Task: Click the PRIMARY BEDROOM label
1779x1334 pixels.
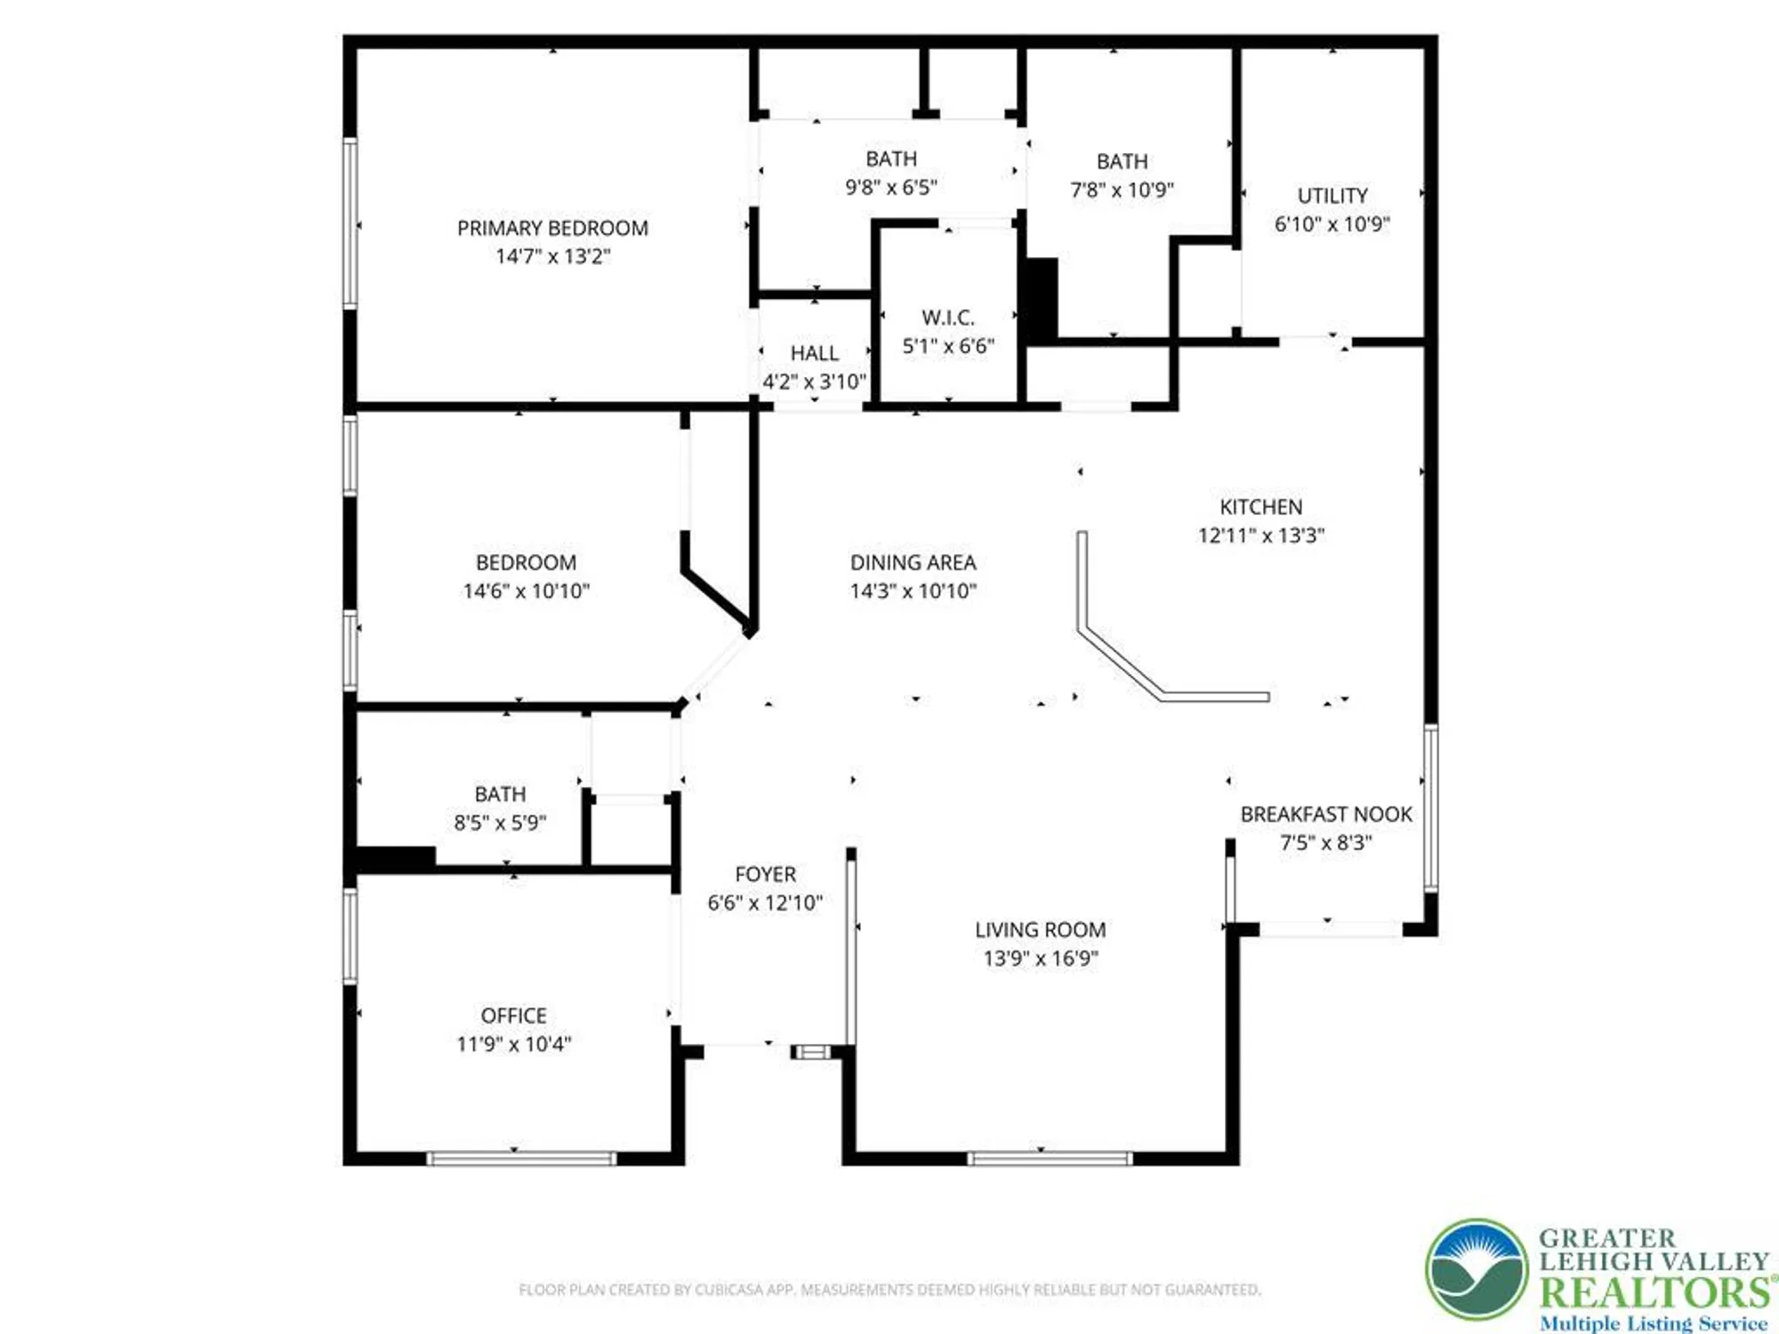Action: pos(552,229)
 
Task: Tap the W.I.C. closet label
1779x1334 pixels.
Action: pos(948,317)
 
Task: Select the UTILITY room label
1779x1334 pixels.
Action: pos(1332,196)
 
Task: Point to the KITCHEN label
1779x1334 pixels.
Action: pos(1260,507)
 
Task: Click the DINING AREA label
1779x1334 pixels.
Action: pos(913,563)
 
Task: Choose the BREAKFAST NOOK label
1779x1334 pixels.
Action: pos(1326,815)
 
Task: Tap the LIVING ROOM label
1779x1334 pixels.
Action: pos(1041,930)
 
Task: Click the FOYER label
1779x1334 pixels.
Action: pos(765,875)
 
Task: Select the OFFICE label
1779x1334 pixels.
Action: pos(513,1016)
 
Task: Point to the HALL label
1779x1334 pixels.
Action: pos(814,353)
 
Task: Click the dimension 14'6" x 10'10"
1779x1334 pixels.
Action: pos(526,591)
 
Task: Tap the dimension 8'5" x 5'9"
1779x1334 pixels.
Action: pos(500,823)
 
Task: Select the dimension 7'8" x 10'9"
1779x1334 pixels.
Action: pos(1122,189)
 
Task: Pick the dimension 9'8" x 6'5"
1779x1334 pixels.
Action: pos(890,187)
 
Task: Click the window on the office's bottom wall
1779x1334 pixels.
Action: pos(521,1158)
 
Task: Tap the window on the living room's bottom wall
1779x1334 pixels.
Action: pos(1050,1158)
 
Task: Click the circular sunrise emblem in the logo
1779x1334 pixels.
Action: pos(1477,1270)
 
